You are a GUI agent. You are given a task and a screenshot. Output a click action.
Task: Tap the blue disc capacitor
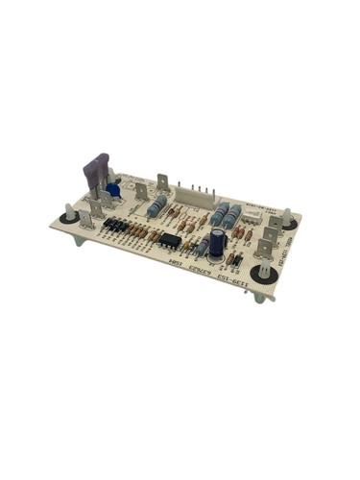coord(114,189)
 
